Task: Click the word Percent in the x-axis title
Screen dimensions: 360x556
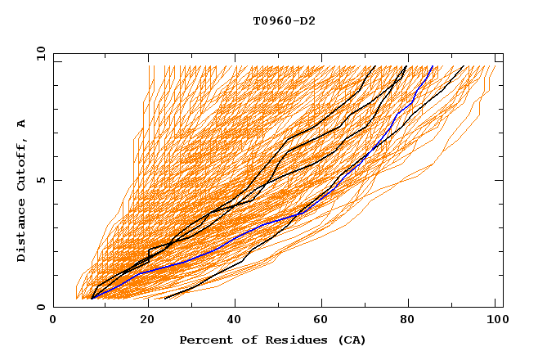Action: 204,340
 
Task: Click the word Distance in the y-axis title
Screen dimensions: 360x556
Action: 22,232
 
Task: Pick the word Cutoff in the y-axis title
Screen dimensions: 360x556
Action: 22,165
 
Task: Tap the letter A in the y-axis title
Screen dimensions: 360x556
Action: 22,124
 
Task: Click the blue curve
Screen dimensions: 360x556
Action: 245,232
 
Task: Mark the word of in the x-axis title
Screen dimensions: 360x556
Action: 248,340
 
